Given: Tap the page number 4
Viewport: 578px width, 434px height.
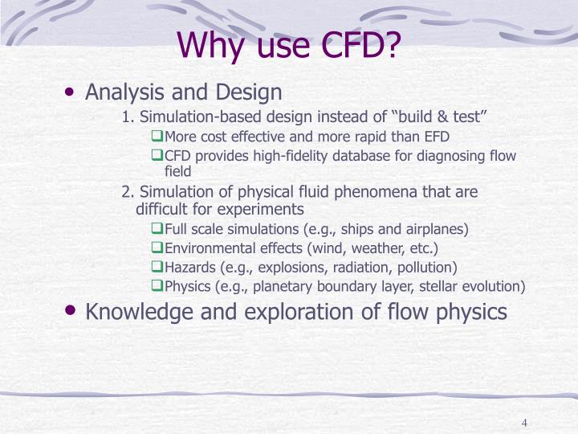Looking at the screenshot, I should pos(523,424).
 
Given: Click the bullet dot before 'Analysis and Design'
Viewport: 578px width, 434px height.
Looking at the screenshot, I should pos(72,92).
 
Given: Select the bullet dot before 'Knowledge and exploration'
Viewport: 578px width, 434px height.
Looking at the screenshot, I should pos(72,311).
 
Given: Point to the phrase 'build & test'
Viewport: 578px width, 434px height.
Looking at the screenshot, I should pos(446,118).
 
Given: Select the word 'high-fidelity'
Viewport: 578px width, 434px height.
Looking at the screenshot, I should pos(277,156).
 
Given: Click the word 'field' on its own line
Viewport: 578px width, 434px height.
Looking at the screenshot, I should pos(178,171).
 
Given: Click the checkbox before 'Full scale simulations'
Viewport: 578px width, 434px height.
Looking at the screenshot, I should pos(157,229).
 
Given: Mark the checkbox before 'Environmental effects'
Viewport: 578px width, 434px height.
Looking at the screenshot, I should pos(157,248).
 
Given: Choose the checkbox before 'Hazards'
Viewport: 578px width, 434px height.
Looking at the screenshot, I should pos(157,267).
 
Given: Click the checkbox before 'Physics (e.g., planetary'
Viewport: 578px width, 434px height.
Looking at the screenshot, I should pos(157,286).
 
